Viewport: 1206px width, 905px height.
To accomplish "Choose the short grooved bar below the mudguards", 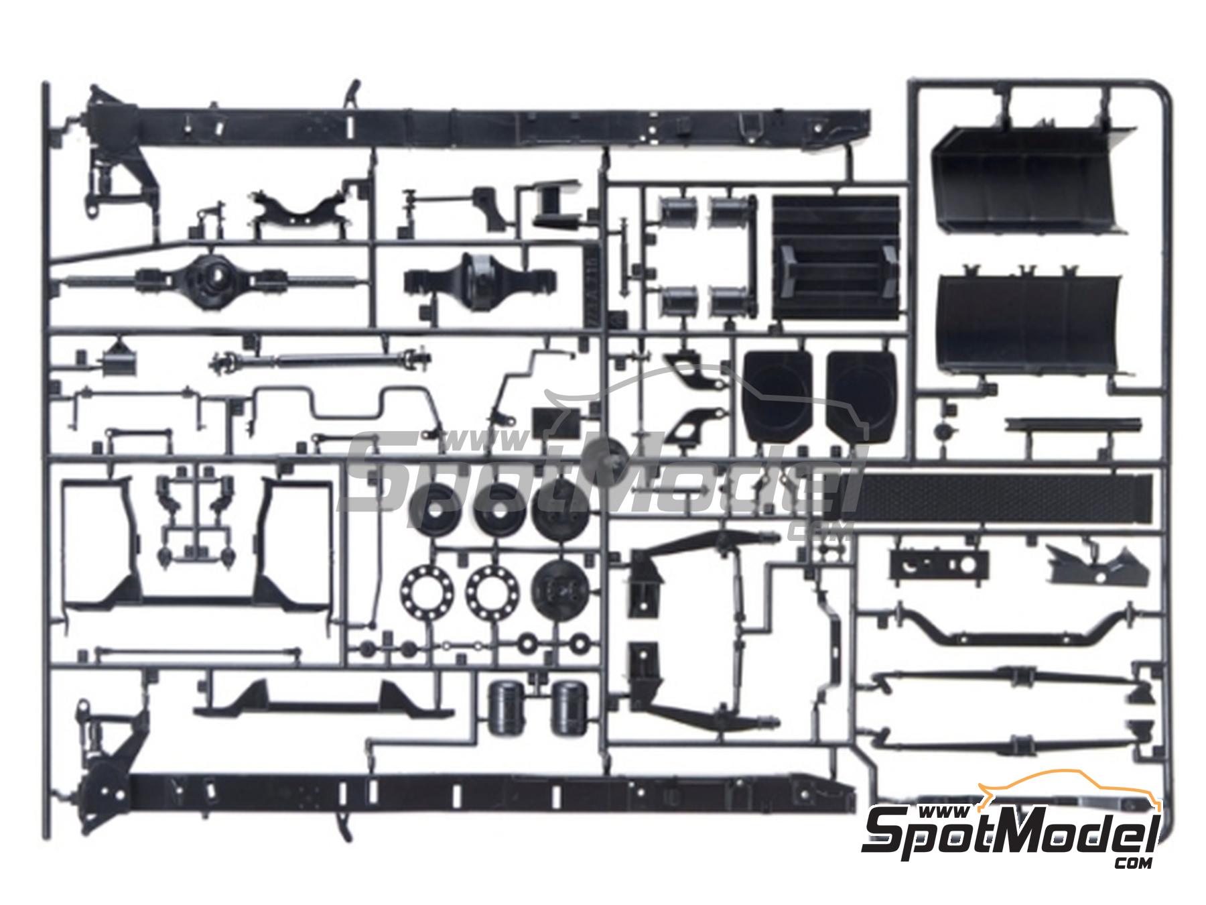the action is pyautogui.click(x=1073, y=426).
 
